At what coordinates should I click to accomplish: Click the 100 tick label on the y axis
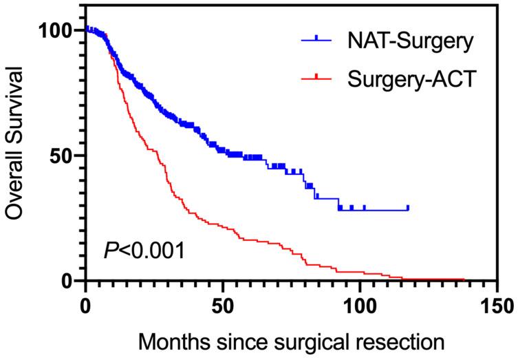(x=56, y=30)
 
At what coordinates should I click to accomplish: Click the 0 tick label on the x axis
(x=85, y=304)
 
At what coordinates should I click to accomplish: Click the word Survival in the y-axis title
(x=19, y=105)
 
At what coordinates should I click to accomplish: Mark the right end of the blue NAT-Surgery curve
(x=408, y=208)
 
